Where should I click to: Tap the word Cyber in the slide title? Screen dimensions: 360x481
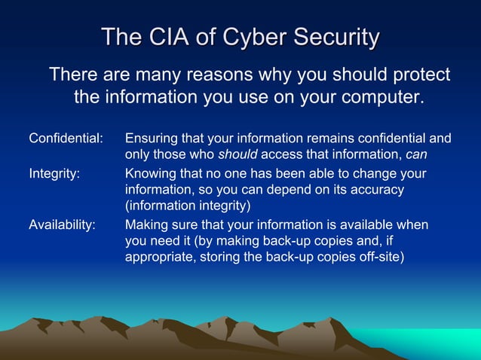(259, 36)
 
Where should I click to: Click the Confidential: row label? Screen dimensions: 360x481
(66, 139)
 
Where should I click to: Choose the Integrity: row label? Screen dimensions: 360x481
(53, 174)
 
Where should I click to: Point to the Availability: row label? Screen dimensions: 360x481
(62, 225)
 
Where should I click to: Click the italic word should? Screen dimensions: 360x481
(237, 156)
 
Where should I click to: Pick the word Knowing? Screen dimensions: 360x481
(151, 174)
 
